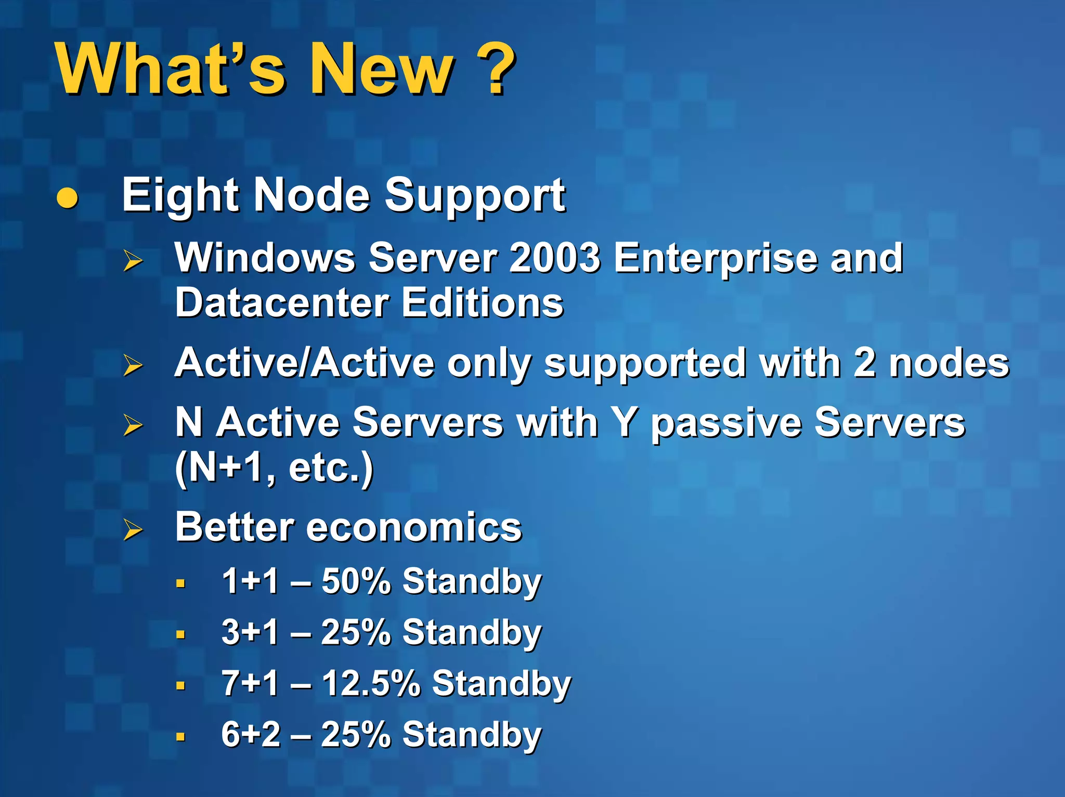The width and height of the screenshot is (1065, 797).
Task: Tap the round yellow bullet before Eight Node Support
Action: point(67,197)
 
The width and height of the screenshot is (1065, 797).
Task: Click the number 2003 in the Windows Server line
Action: point(554,258)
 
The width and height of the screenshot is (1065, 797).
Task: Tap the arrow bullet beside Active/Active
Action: point(133,365)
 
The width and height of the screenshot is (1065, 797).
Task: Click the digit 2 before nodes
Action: point(864,363)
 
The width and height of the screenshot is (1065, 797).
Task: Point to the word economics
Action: point(413,527)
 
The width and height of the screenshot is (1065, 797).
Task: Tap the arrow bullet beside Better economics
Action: point(133,530)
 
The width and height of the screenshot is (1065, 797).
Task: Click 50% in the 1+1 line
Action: point(356,580)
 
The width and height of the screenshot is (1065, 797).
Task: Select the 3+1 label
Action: point(250,632)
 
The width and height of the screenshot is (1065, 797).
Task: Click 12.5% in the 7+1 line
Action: point(370,683)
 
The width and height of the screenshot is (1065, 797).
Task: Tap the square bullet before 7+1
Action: point(180,685)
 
